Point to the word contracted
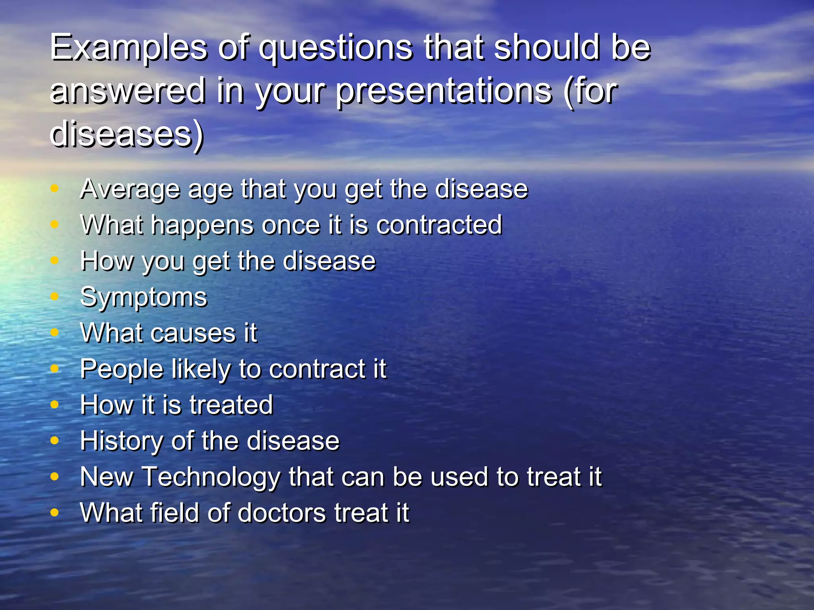(439, 225)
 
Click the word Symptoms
(143, 297)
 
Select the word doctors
(281, 513)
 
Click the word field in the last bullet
(174, 513)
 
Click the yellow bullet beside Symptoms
(55, 297)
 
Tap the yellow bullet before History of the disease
(55, 440)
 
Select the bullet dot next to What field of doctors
(55, 512)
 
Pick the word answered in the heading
(128, 91)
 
